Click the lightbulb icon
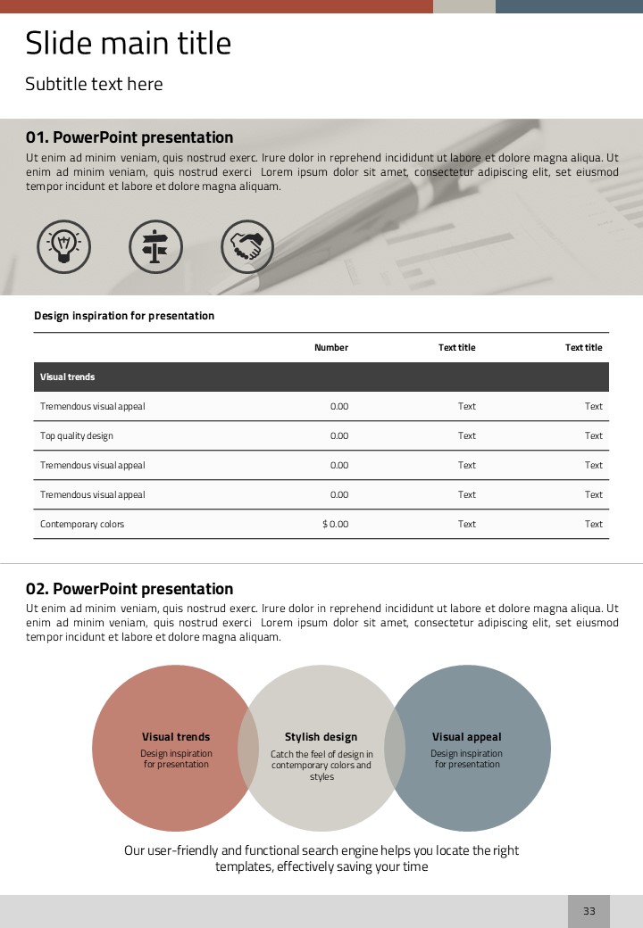63,246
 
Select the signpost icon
155,246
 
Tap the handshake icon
247,246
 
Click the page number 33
589,911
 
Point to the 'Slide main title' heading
128,43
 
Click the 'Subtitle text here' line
94,84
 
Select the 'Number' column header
331,347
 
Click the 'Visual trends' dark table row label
68,377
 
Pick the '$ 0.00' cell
336,524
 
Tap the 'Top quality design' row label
77,435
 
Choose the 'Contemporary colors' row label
82,524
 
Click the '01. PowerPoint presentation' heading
129,137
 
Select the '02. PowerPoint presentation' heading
129,589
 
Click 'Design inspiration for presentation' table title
124,316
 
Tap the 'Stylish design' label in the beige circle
321,737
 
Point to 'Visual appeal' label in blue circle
466,737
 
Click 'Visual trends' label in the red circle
176,737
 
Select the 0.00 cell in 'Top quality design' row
339,435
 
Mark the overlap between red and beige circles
248,748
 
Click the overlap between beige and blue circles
395,748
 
